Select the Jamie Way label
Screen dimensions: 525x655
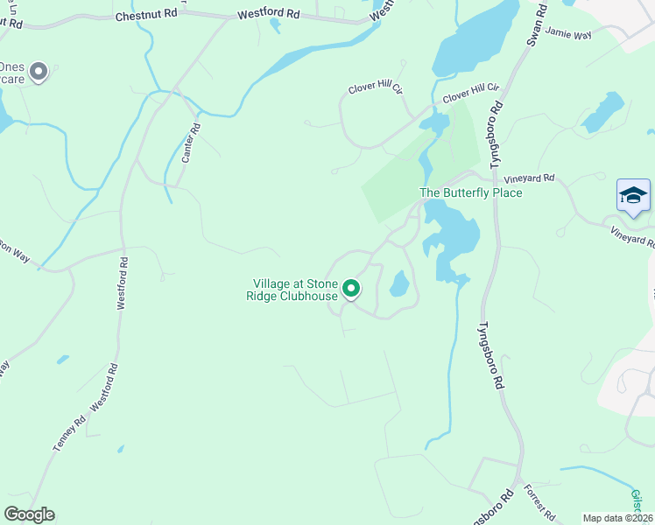pos(568,32)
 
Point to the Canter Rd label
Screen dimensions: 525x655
pos(190,143)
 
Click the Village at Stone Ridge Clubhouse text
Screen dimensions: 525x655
pos(295,290)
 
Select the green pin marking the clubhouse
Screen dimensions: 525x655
pos(351,288)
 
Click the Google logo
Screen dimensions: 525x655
pos(29,514)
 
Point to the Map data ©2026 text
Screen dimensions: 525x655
pos(617,518)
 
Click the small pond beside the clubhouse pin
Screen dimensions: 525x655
pos(399,283)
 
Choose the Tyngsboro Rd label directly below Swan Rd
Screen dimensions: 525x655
pos(497,136)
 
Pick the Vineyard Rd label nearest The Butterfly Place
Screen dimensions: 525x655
pos(536,178)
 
